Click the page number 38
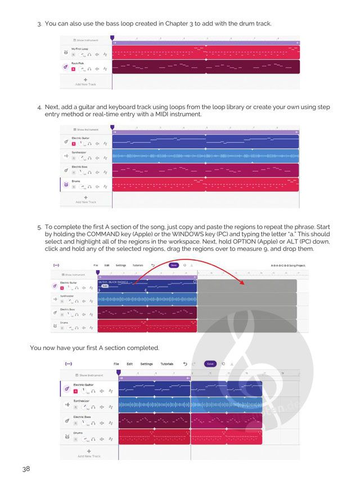pyautogui.click(x=26, y=469)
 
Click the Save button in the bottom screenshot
pyautogui.click(x=209, y=364)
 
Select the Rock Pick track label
pyautogui.click(x=78, y=64)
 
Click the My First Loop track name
pyautogui.click(x=81, y=50)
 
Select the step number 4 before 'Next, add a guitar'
pyautogui.click(x=39, y=107)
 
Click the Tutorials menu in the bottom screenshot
pyautogui.click(x=166, y=364)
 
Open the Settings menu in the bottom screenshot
pyautogui.click(x=146, y=364)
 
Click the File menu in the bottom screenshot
pyautogui.click(x=116, y=364)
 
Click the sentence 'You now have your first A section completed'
pyautogui.click(x=94, y=348)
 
